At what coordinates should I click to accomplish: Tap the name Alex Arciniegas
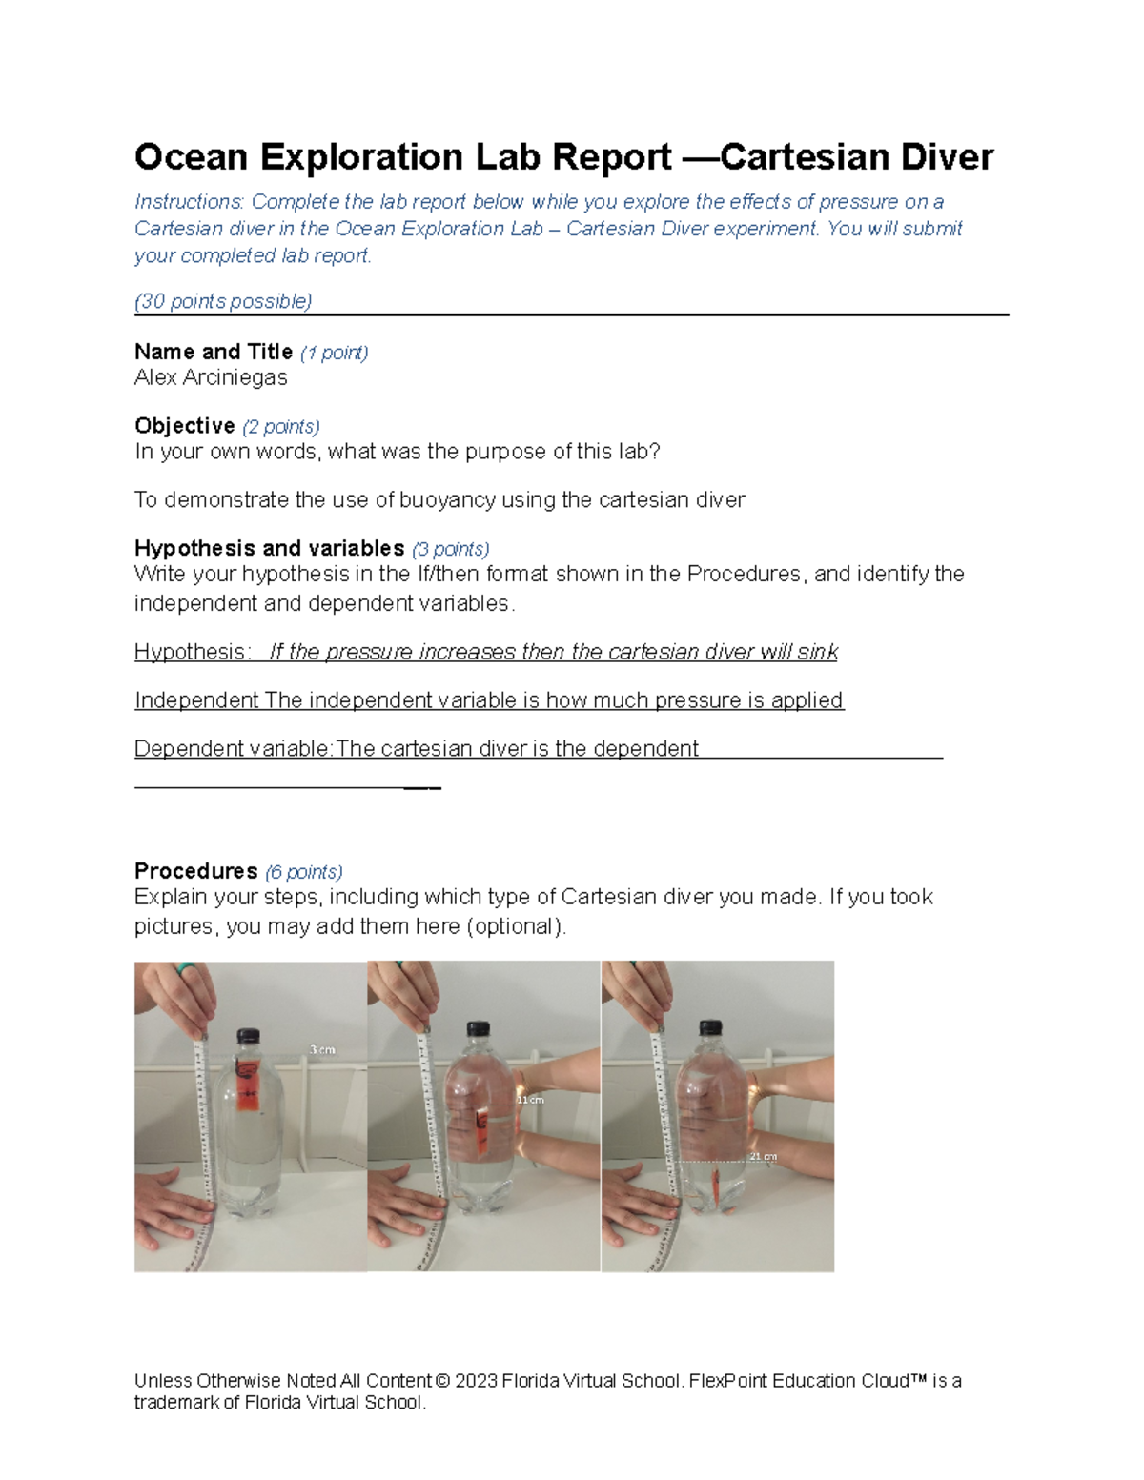tap(211, 377)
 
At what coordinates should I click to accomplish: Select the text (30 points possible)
tap(223, 302)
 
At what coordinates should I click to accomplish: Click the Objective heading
tap(185, 426)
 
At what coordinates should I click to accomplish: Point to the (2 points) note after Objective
tap(281, 427)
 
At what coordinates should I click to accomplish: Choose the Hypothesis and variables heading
tap(270, 549)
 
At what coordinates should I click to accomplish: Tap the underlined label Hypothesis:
tap(193, 652)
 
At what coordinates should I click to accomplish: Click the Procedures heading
tap(196, 871)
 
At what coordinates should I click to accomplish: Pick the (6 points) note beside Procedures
tap(304, 872)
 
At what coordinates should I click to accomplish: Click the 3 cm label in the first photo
tap(322, 1050)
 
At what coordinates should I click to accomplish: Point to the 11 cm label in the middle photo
tap(530, 1100)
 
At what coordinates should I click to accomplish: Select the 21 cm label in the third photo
tap(763, 1157)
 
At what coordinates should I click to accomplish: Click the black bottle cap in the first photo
tap(248, 1037)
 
